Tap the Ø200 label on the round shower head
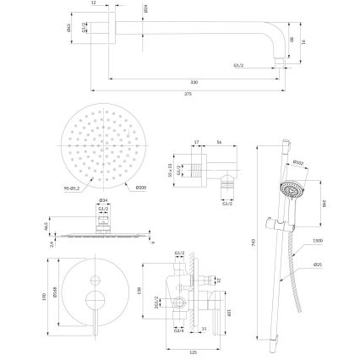click(141, 188)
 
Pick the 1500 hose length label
click(316, 240)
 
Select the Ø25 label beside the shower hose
click(316, 265)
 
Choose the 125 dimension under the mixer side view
click(194, 352)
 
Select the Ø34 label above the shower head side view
click(103, 200)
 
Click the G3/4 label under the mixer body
click(179, 330)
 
